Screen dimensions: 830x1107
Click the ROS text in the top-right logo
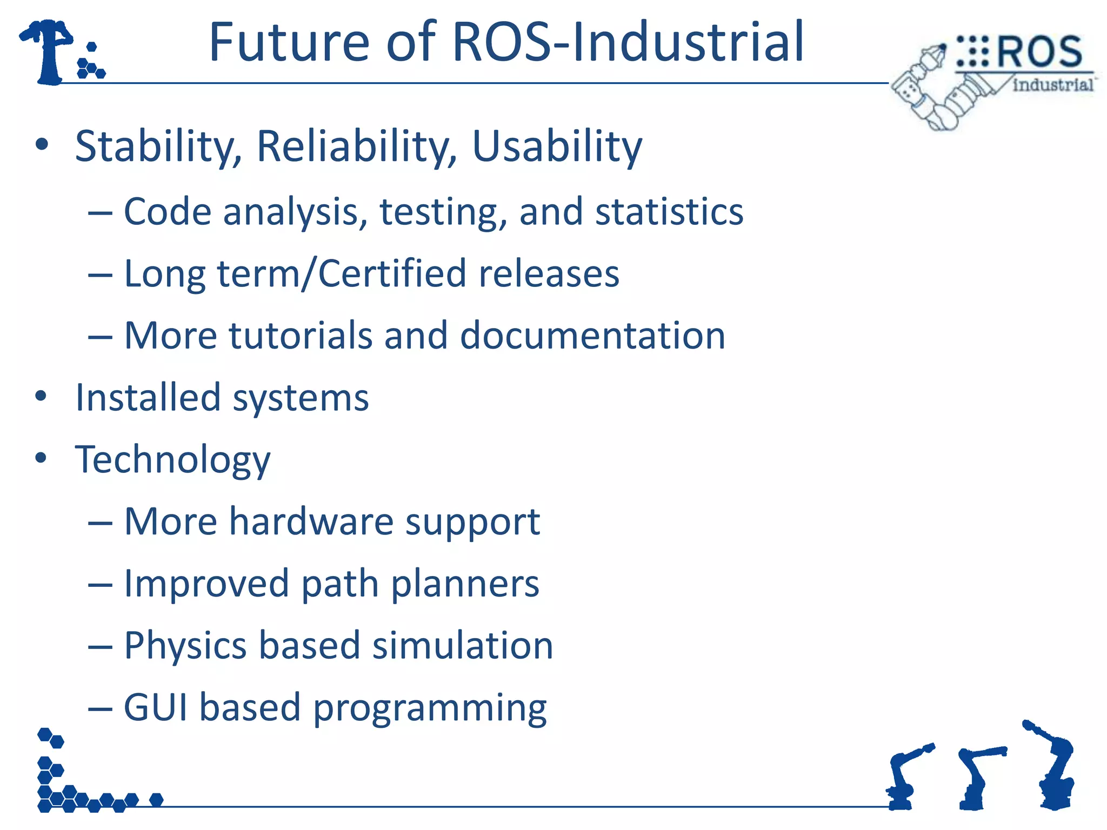[x=1038, y=52]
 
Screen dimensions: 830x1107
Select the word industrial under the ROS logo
[x=1052, y=85]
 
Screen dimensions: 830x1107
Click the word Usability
[x=557, y=147]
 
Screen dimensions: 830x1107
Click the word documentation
[x=592, y=336]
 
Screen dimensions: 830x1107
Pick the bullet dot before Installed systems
[x=41, y=396]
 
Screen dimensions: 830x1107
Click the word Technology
[x=172, y=460]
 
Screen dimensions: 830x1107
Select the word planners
[x=465, y=584]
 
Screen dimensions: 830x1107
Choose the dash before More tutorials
[x=100, y=337]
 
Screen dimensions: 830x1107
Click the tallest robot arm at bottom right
[x=1054, y=767]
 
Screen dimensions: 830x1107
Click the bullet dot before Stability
[x=41, y=145]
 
